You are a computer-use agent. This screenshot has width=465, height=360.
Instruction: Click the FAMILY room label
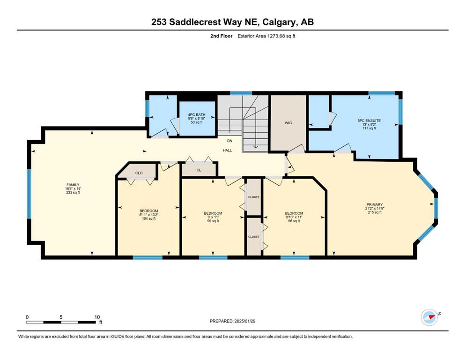(x=73, y=185)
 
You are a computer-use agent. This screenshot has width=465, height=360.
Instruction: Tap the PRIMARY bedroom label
(x=375, y=204)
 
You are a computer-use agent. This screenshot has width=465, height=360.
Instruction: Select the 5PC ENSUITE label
(x=369, y=121)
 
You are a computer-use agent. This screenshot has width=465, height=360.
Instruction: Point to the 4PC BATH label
(x=197, y=115)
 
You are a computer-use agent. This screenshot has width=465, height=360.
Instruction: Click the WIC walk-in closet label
(x=288, y=123)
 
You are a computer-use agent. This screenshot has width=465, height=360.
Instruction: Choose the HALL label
(x=228, y=150)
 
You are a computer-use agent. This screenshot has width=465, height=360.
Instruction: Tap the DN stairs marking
(x=230, y=141)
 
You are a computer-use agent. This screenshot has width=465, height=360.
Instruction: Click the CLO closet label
(x=139, y=173)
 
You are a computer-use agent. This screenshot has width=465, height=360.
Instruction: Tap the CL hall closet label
(x=199, y=170)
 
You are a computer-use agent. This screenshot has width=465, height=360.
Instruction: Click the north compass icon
(x=429, y=317)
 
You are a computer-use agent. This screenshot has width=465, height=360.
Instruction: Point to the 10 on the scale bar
(x=97, y=317)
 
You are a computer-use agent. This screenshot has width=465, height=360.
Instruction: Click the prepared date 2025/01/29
(x=245, y=321)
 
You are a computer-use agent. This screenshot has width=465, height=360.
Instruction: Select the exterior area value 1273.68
(x=276, y=36)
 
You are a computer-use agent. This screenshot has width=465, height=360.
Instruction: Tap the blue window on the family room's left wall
(x=29, y=194)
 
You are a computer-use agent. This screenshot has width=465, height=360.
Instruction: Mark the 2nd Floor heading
(x=221, y=36)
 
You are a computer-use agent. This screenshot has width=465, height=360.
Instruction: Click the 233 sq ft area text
(x=73, y=192)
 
